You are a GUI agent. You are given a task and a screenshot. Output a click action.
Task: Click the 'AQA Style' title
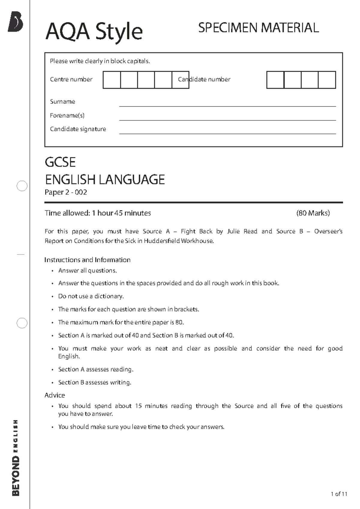pos(94,32)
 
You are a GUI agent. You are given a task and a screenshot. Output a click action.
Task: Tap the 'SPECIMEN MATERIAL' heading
pos(258,28)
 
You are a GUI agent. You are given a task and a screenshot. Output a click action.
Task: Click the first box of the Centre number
pos(112,80)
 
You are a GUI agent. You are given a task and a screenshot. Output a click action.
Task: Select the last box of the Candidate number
pos(327,80)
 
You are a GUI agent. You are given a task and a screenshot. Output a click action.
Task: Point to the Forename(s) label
pos(67,115)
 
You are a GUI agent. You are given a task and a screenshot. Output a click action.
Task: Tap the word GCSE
pos(60,162)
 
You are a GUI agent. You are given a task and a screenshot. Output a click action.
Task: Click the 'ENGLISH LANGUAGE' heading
pos(105,180)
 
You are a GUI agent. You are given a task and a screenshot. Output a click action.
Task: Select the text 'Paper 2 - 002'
pos(66,192)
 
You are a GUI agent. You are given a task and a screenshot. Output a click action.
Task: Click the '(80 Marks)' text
pos(313,213)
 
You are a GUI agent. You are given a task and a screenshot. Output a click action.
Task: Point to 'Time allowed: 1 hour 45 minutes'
pos(97,213)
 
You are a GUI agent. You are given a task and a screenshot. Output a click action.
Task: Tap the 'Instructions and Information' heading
pos(87,260)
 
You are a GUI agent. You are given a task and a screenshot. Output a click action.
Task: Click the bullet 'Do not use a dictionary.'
pos(91,296)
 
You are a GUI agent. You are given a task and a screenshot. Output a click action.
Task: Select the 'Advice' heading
pos(55,395)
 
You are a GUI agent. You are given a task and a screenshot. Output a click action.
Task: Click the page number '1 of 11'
pos(339,494)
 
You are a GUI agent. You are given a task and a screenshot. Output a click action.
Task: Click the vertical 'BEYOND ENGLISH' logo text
pos(16,458)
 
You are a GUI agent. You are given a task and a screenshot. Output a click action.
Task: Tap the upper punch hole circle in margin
pos(22,186)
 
